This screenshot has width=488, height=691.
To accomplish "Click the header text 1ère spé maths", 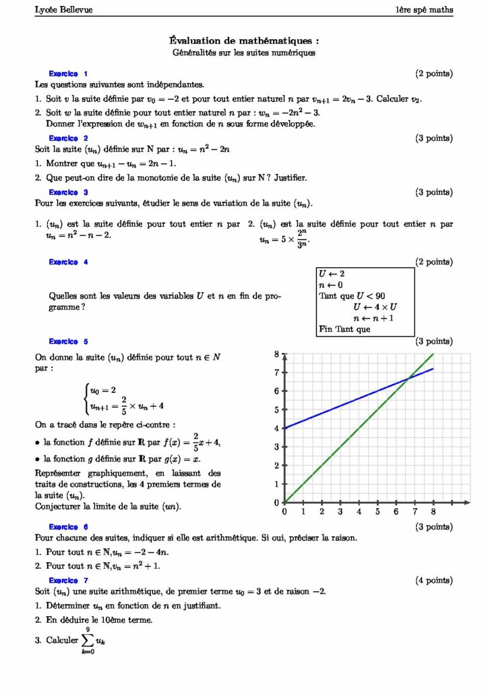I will coord(424,9).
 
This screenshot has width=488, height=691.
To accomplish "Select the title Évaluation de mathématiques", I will coord(243,40).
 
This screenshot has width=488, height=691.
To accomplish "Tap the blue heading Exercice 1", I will coord(68,74).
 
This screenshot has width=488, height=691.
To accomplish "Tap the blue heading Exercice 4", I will coord(68,262).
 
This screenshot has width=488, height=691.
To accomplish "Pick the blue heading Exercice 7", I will coord(68,580).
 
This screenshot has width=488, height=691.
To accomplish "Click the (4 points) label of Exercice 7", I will coord(434,580).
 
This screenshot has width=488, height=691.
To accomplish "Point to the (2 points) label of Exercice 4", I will coord(434,262).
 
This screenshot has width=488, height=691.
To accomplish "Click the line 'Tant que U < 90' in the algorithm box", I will coord(352,296).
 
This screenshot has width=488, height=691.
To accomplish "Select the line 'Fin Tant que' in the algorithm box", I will coord(344,330).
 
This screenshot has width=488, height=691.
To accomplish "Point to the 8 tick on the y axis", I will coord(276,354).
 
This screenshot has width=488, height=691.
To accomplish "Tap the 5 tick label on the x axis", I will coord(377,512).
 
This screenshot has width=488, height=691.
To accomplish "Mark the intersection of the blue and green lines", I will coord(408,379).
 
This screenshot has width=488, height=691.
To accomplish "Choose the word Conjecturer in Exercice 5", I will coord(59,506).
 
